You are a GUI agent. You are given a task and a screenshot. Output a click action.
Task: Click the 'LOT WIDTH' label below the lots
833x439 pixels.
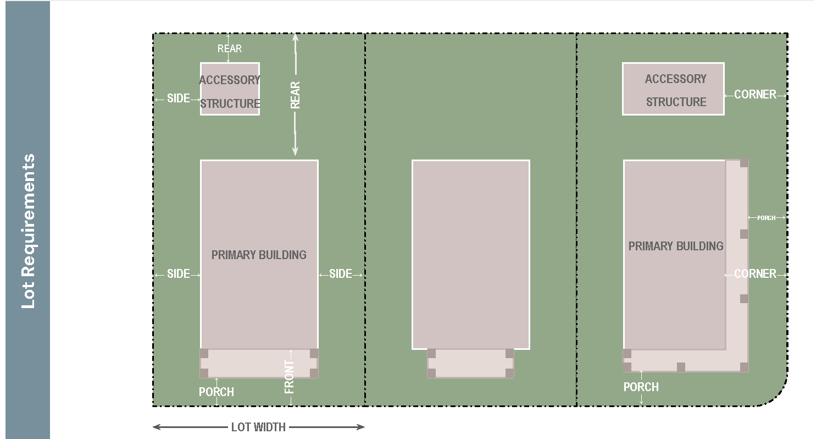pyautogui.click(x=258, y=427)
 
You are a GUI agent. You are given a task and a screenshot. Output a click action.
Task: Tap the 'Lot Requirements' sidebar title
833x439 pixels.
pyautogui.click(x=28, y=231)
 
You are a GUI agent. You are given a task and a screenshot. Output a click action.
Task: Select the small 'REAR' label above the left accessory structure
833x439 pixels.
pyautogui.click(x=230, y=48)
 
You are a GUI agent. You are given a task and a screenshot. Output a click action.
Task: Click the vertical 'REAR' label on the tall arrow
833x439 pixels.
pyautogui.click(x=295, y=95)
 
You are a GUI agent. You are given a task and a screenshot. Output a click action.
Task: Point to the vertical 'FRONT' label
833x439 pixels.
pyautogui.click(x=290, y=377)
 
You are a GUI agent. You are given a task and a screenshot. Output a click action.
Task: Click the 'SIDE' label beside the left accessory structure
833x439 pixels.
pyautogui.click(x=179, y=98)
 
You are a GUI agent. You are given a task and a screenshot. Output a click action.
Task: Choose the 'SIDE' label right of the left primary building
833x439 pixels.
pyautogui.click(x=340, y=274)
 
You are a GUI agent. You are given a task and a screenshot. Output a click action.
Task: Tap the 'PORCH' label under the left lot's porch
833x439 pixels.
pyautogui.click(x=216, y=392)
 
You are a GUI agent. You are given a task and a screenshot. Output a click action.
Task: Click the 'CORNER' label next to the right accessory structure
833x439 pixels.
pyautogui.click(x=756, y=95)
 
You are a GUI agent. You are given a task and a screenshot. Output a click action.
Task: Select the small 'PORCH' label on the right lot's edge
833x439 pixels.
pyautogui.click(x=767, y=218)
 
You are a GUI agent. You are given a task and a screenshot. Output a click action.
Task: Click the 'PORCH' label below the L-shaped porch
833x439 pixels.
pyautogui.click(x=641, y=387)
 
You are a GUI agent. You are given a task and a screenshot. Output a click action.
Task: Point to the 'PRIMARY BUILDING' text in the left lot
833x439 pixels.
pyautogui.click(x=259, y=255)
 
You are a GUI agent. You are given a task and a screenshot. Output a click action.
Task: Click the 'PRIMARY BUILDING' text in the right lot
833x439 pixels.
pyautogui.click(x=676, y=246)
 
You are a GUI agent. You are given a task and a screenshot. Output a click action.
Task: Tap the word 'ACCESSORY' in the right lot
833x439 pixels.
pyautogui.click(x=676, y=79)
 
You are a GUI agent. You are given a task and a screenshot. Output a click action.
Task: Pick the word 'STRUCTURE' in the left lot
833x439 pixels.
pyautogui.click(x=230, y=103)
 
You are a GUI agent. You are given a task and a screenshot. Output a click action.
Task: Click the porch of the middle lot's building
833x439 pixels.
pyautogui.click(x=471, y=364)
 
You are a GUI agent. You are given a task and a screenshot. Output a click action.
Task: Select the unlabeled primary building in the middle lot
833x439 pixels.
pyautogui.click(x=471, y=255)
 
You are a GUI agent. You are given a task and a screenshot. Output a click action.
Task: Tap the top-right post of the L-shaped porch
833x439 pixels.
pyautogui.click(x=744, y=163)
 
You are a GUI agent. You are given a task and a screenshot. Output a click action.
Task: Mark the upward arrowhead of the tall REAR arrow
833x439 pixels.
pyautogui.click(x=295, y=37)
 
